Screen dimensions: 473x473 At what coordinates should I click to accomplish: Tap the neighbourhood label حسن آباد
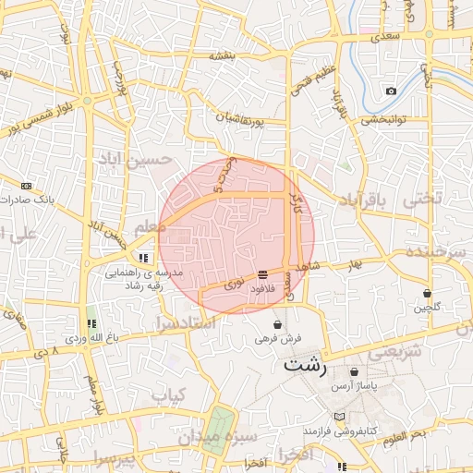click(137, 161)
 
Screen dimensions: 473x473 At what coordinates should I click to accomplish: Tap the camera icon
click(391, 91)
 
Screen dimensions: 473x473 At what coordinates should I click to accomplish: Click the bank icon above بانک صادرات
click(25, 185)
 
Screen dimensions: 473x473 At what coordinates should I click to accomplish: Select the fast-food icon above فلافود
click(263, 274)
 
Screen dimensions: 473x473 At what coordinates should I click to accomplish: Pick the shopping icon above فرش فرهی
click(278, 325)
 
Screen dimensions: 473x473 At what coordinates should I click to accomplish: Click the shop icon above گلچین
click(427, 293)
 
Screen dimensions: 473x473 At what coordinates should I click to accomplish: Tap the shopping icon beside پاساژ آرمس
click(354, 371)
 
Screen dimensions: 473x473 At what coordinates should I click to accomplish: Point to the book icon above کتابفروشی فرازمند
click(343, 418)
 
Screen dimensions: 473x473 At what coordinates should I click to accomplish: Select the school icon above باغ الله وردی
click(91, 323)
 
